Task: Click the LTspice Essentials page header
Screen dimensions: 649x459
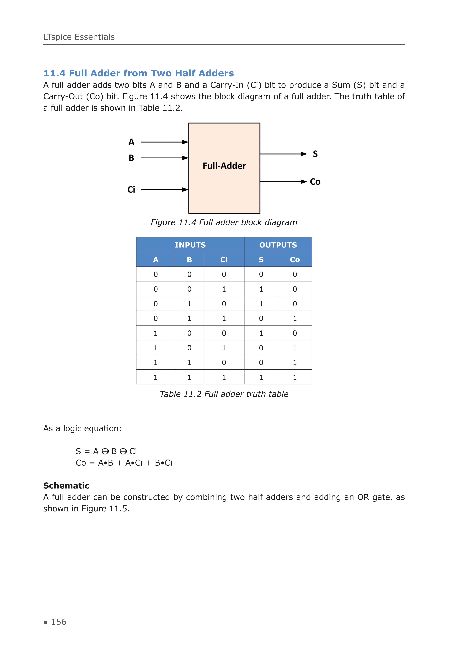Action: click(x=79, y=37)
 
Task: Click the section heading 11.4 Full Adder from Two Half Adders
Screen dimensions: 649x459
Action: click(x=139, y=73)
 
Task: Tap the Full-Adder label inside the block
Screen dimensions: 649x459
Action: click(x=224, y=166)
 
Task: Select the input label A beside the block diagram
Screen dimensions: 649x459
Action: click(x=131, y=142)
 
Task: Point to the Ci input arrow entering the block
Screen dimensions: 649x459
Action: click(x=164, y=190)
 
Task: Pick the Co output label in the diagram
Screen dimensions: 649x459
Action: click(x=315, y=182)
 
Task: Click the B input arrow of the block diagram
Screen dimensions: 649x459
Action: click(x=164, y=158)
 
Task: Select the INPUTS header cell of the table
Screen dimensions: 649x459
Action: click(x=190, y=245)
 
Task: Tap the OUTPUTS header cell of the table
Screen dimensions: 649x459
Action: click(x=278, y=245)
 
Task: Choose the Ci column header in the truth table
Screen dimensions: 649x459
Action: click(x=224, y=260)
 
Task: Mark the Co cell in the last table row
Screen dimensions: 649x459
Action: click(x=295, y=377)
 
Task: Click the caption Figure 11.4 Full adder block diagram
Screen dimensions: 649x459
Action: click(x=224, y=222)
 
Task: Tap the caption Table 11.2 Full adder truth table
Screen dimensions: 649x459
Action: click(x=224, y=394)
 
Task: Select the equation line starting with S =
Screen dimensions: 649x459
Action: click(x=106, y=451)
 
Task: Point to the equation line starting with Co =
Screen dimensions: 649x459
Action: click(x=124, y=463)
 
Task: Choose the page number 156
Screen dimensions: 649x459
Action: click(x=59, y=622)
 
